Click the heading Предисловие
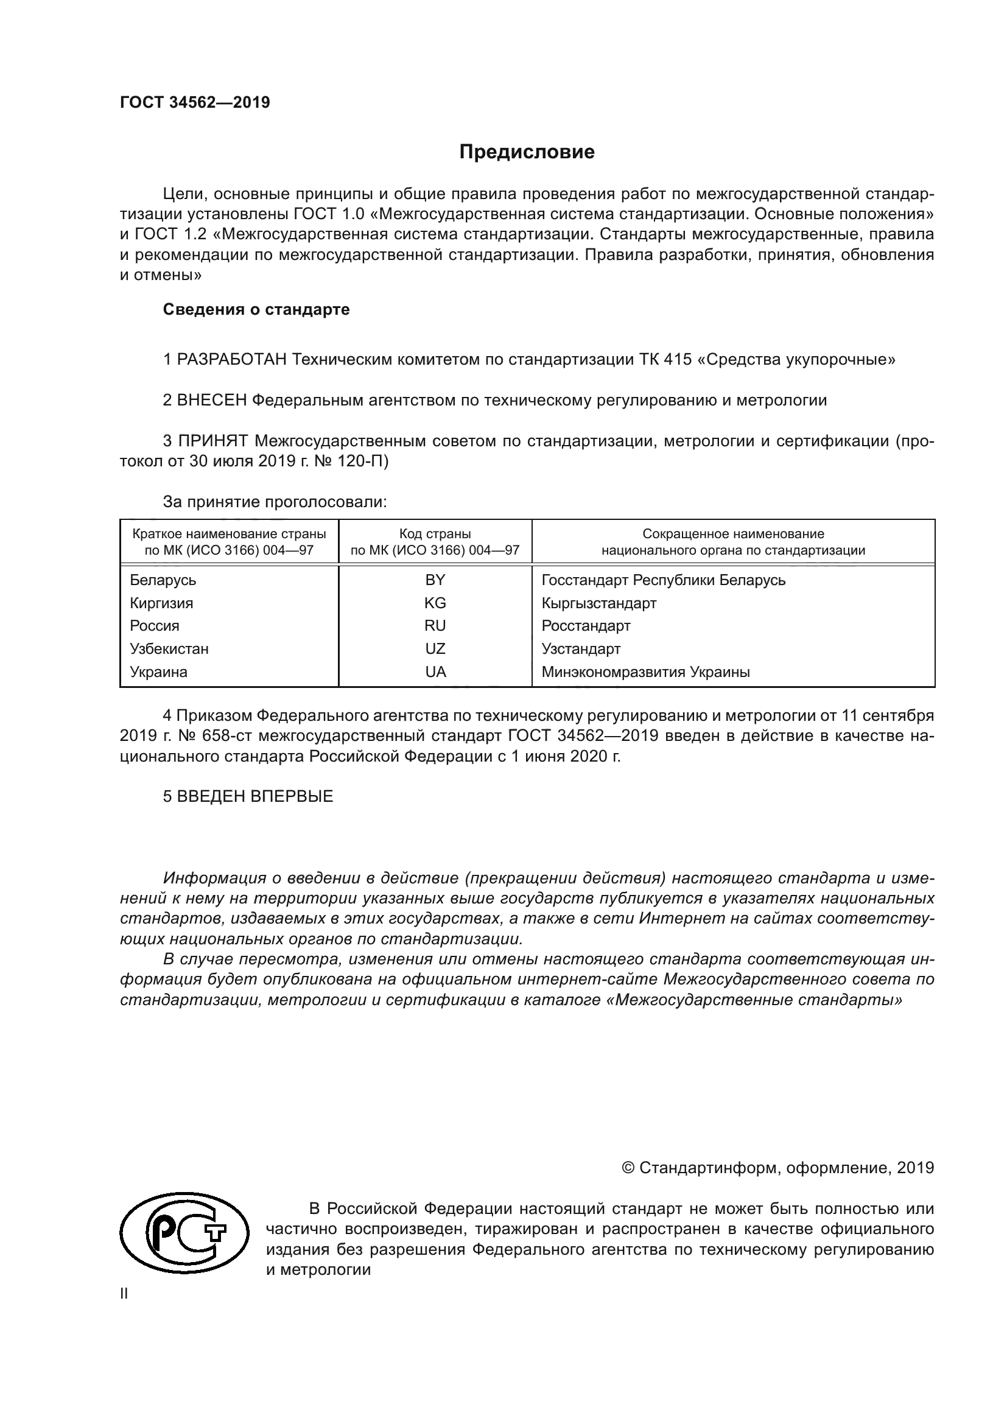[527, 152]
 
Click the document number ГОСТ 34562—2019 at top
[195, 103]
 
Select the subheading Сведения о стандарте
[256, 309]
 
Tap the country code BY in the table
[435, 580]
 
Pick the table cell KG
[435, 603]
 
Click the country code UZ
[435, 649]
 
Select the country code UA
[435, 672]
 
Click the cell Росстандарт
[586, 626]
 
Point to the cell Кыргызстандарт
[599, 603]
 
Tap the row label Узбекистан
[169, 649]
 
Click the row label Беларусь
[163, 580]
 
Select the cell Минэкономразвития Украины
[645, 672]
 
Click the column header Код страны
[435, 534]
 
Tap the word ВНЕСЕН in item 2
[212, 401]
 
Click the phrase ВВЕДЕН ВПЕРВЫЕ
[255, 796]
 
